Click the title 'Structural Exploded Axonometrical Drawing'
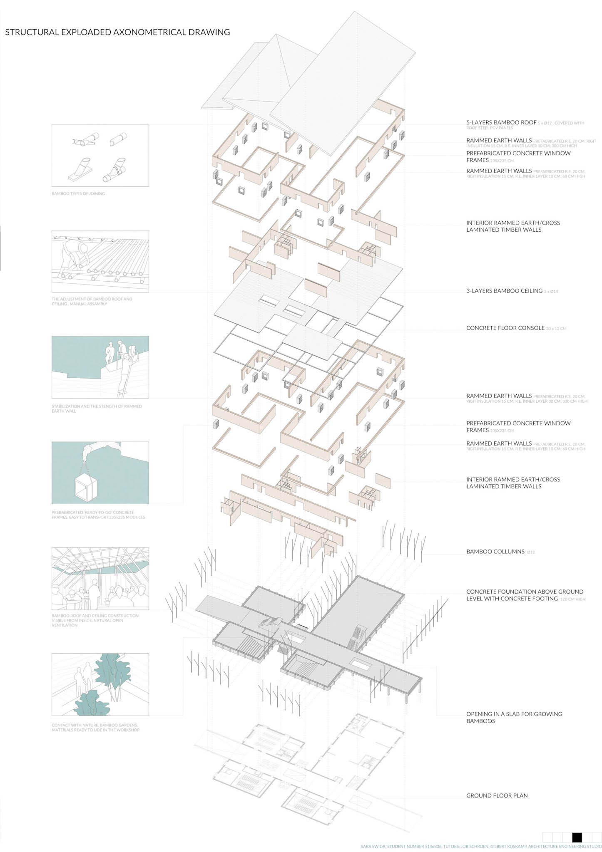117,32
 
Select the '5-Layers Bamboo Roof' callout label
501,122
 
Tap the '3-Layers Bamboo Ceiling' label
504,291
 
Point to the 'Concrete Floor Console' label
505,328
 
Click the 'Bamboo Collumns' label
495,552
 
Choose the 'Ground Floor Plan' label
497,795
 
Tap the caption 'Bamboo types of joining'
78,193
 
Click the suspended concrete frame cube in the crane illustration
86,485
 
